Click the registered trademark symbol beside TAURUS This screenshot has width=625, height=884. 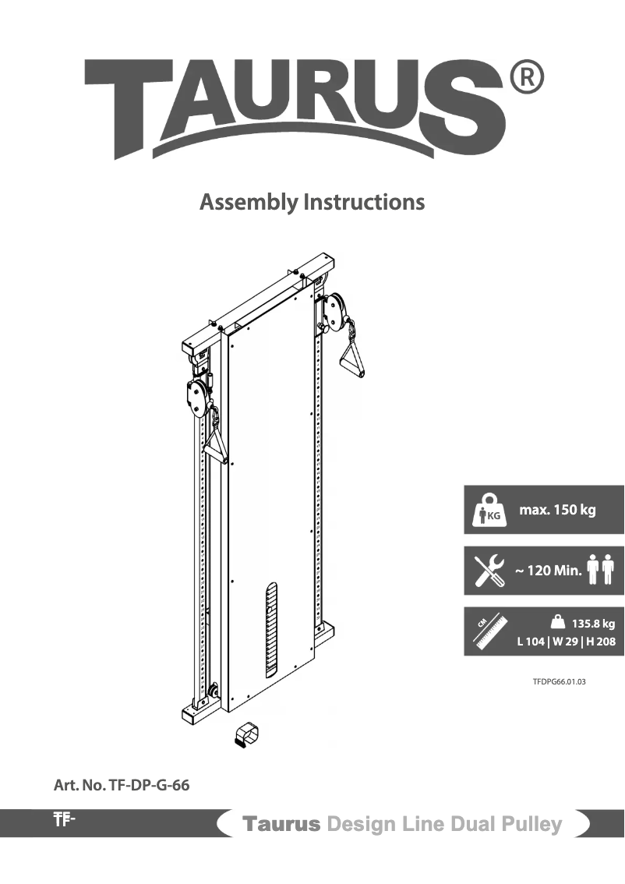[x=526, y=78]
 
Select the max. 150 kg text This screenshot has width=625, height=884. [x=557, y=511]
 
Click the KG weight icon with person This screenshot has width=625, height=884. [x=488, y=511]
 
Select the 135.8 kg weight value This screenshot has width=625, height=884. [x=593, y=624]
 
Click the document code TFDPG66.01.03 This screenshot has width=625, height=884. [x=559, y=681]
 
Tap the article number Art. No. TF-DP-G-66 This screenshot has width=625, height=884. [x=121, y=785]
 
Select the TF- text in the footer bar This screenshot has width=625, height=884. [x=64, y=819]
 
